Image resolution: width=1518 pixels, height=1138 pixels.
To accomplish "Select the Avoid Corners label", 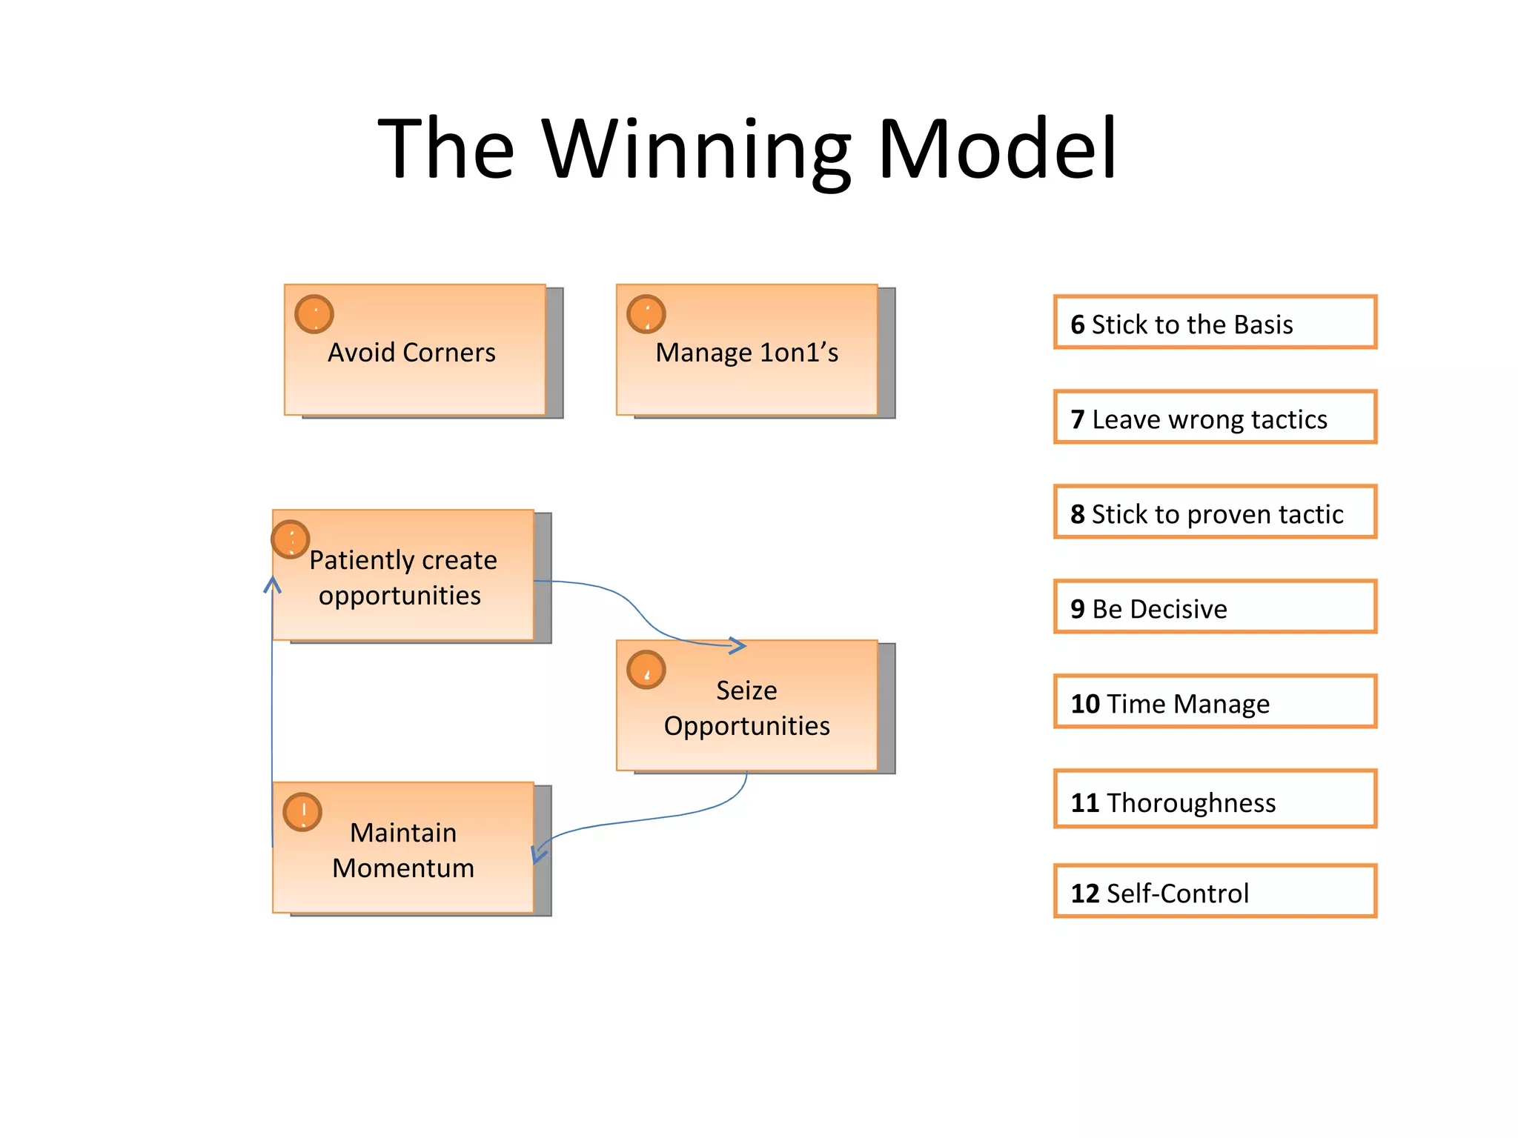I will pos(411,353).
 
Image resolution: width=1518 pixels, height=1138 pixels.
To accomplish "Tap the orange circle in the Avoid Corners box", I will pos(314,314).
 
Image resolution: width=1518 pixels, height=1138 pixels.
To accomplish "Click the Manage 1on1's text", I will pos(746,353).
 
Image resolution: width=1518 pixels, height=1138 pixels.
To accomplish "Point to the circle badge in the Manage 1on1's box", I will pos(646,314).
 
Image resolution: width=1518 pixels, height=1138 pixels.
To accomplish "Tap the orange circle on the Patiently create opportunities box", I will pos(291,539).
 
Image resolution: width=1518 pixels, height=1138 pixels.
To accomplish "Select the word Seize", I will pos(746,691).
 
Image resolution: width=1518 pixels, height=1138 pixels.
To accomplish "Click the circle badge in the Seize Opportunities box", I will pos(646,670).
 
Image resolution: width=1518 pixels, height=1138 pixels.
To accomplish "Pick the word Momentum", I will pos(403,868).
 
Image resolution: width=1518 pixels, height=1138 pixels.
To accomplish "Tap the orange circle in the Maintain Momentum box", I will pos(302,812).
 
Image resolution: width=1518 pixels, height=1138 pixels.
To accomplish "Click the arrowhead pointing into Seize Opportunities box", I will pos(738,645).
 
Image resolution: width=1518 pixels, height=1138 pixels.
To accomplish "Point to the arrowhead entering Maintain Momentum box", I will pos(539,854).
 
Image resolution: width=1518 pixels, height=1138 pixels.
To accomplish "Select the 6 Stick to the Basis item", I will pos(1214,323).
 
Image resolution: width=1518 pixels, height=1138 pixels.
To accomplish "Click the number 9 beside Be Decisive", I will pos(1078,609).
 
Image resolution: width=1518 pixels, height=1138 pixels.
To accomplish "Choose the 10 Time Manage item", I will pos(1214,702).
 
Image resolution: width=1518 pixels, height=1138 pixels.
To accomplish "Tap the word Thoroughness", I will pos(1191,803).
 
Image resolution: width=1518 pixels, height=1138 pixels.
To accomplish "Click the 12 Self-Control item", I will pos(1214,892).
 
